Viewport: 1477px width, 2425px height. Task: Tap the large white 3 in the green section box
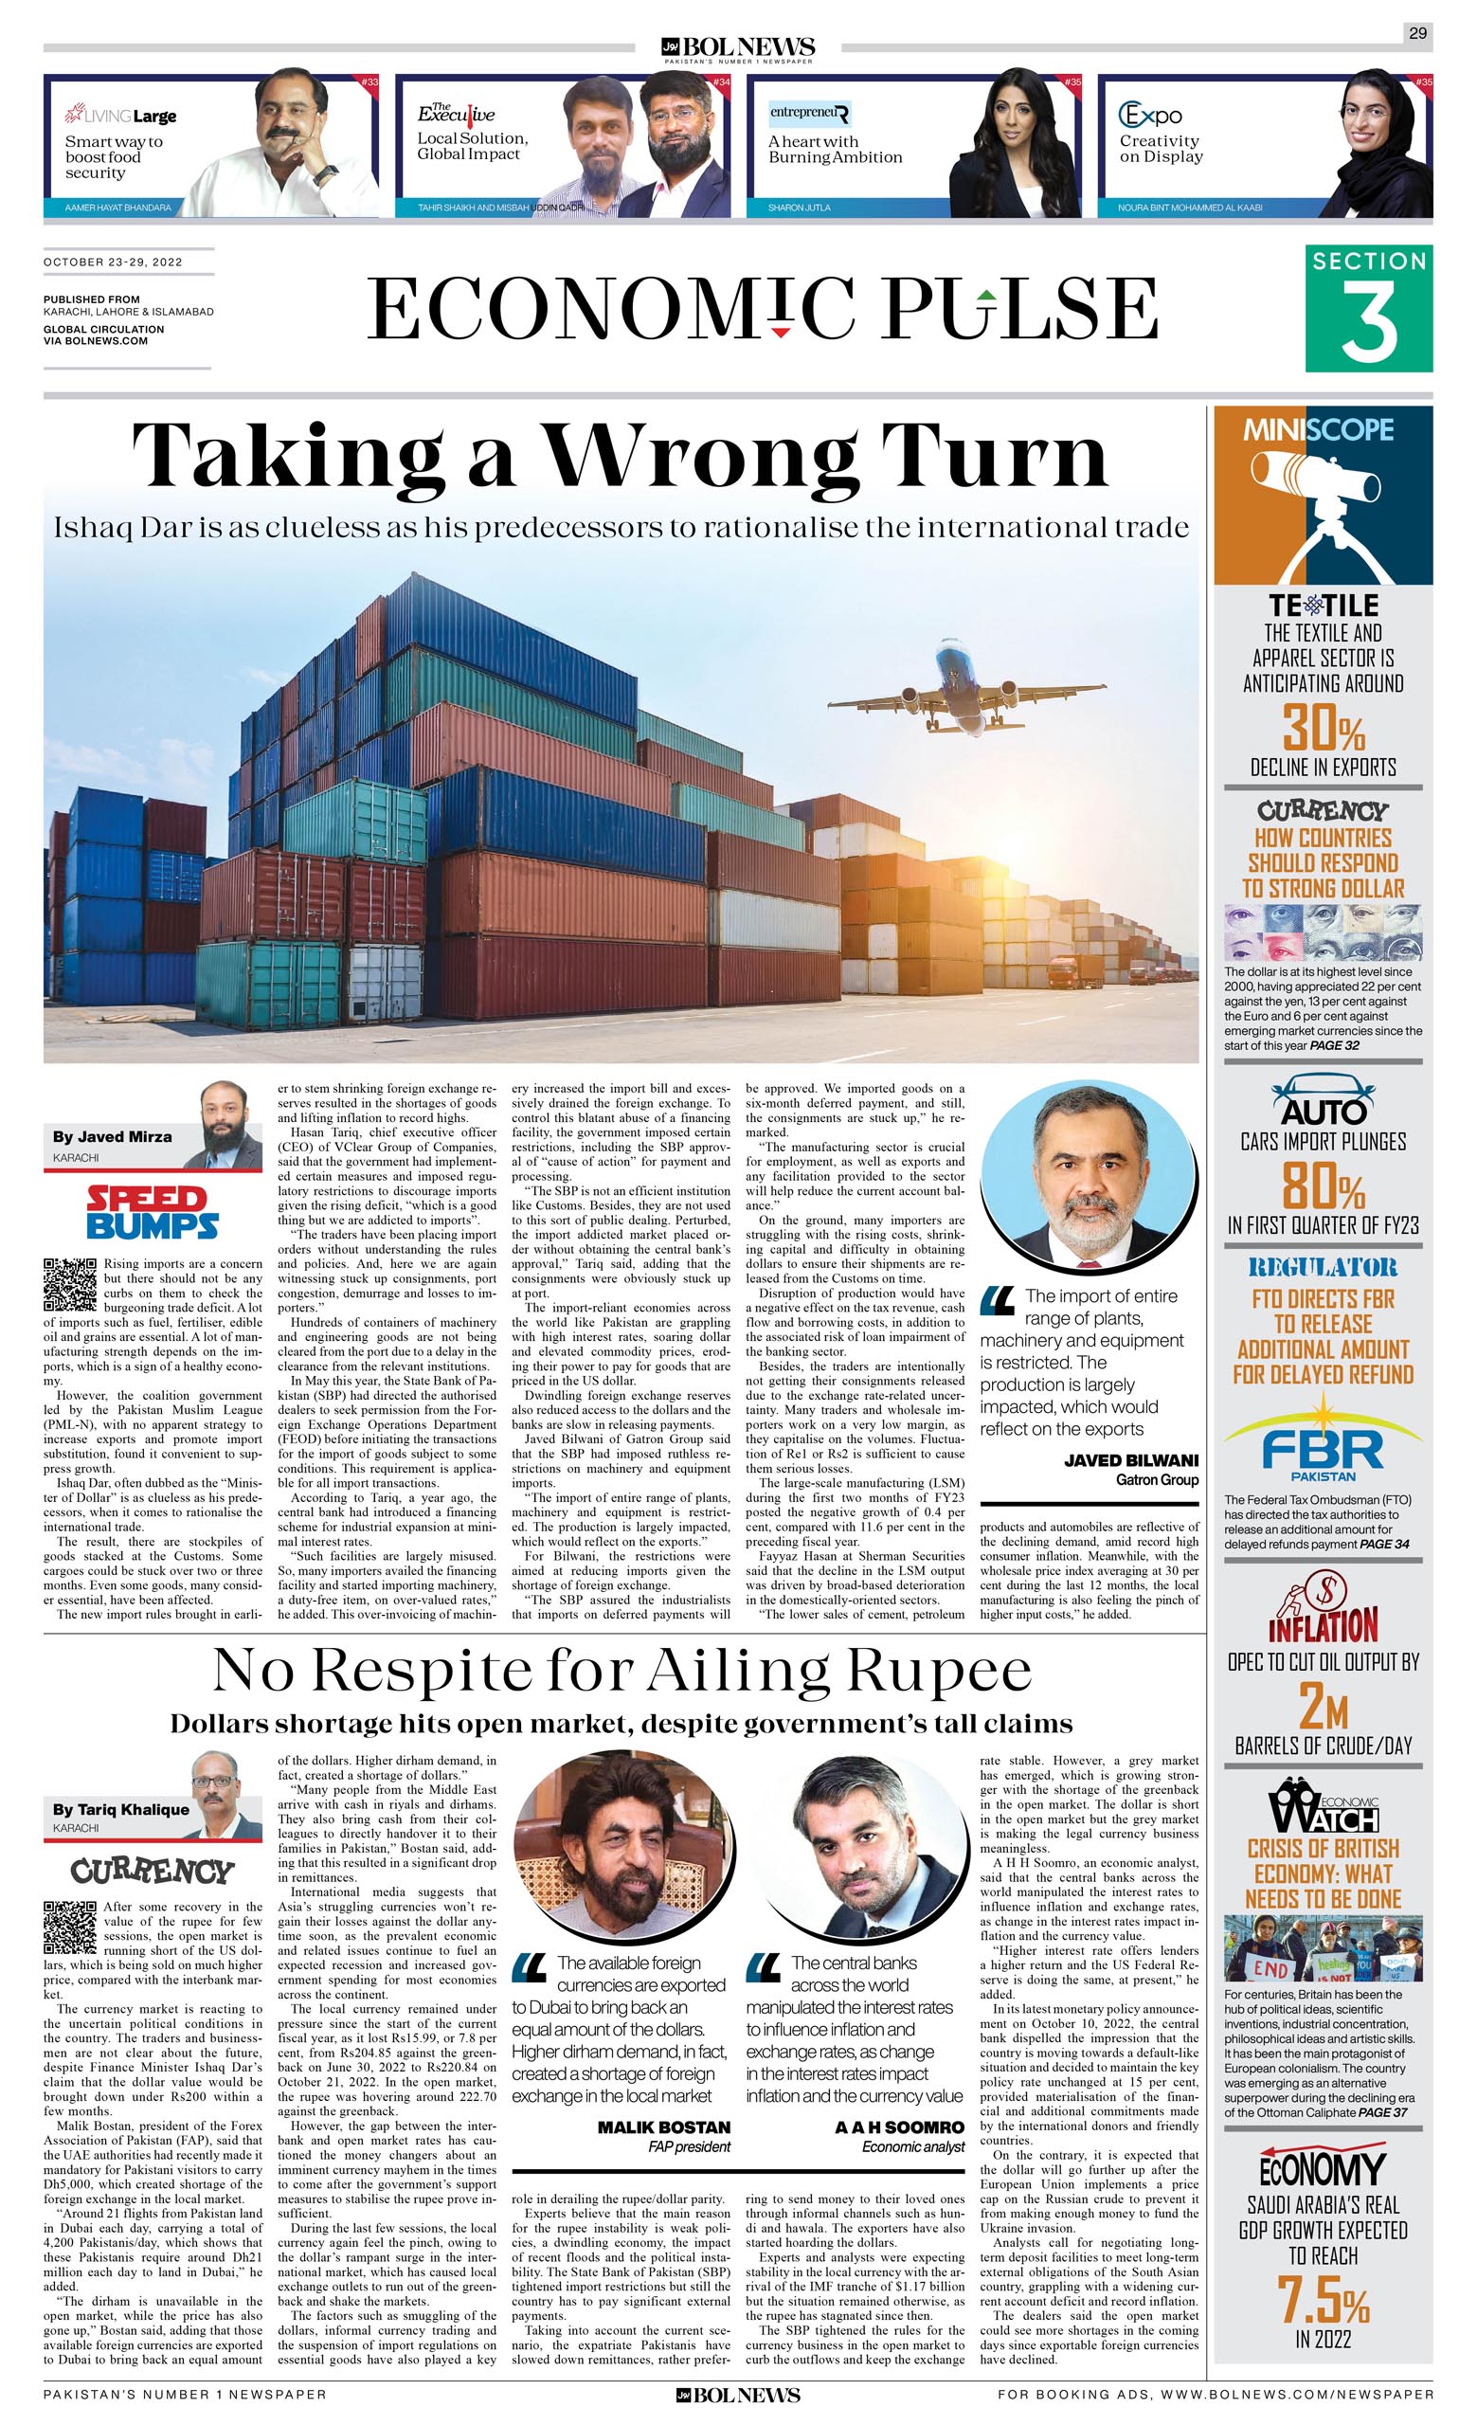[1369, 323]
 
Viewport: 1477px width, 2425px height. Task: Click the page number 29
[1417, 33]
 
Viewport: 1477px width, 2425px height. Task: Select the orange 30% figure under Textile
[1323, 730]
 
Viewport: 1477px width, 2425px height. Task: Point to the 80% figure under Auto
[1323, 1185]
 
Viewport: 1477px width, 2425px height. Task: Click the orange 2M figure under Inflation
[1323, 1706]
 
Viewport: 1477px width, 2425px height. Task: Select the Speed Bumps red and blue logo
[153, 1213]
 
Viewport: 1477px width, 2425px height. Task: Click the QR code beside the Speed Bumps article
[70, 1284]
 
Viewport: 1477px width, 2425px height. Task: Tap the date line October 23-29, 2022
[113, 262]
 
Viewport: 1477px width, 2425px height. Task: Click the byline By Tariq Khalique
[121, 1809]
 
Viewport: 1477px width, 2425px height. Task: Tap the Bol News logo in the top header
[738, 47]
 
